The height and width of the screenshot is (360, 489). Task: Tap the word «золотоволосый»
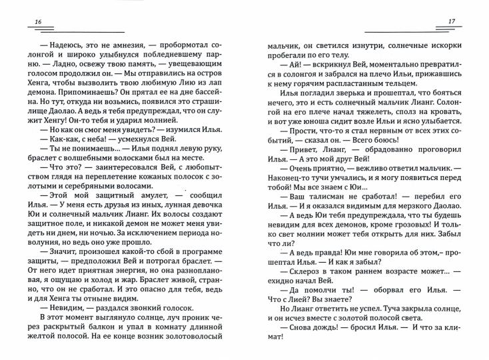tap(202, 351)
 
